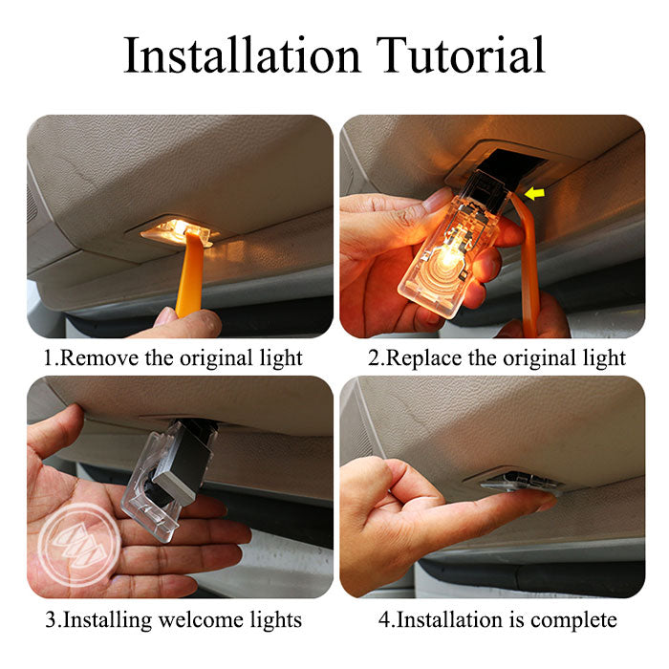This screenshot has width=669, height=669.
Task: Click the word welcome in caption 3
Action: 199,619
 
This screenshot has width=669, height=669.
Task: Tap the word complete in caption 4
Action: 573,619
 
